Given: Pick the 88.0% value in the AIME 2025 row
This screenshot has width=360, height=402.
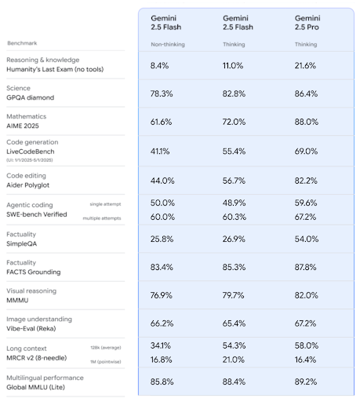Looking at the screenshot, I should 307,122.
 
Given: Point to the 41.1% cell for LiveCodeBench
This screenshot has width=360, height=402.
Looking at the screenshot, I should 162,150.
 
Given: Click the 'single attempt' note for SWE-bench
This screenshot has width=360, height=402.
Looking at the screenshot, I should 107,203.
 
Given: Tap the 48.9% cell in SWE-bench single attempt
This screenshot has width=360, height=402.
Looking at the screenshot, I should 235,203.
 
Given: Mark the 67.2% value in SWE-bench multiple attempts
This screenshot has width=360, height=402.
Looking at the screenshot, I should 307,216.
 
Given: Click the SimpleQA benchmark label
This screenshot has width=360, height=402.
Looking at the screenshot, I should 24,244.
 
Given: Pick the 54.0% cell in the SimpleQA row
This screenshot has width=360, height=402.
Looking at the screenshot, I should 307,238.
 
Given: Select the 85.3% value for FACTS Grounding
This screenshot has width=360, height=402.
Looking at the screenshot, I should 235,267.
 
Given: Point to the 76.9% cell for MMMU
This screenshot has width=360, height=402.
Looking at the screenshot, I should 162,296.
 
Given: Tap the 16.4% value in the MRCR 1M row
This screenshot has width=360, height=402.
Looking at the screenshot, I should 307,359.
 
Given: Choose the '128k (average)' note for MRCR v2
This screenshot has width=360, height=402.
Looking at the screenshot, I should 105,346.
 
